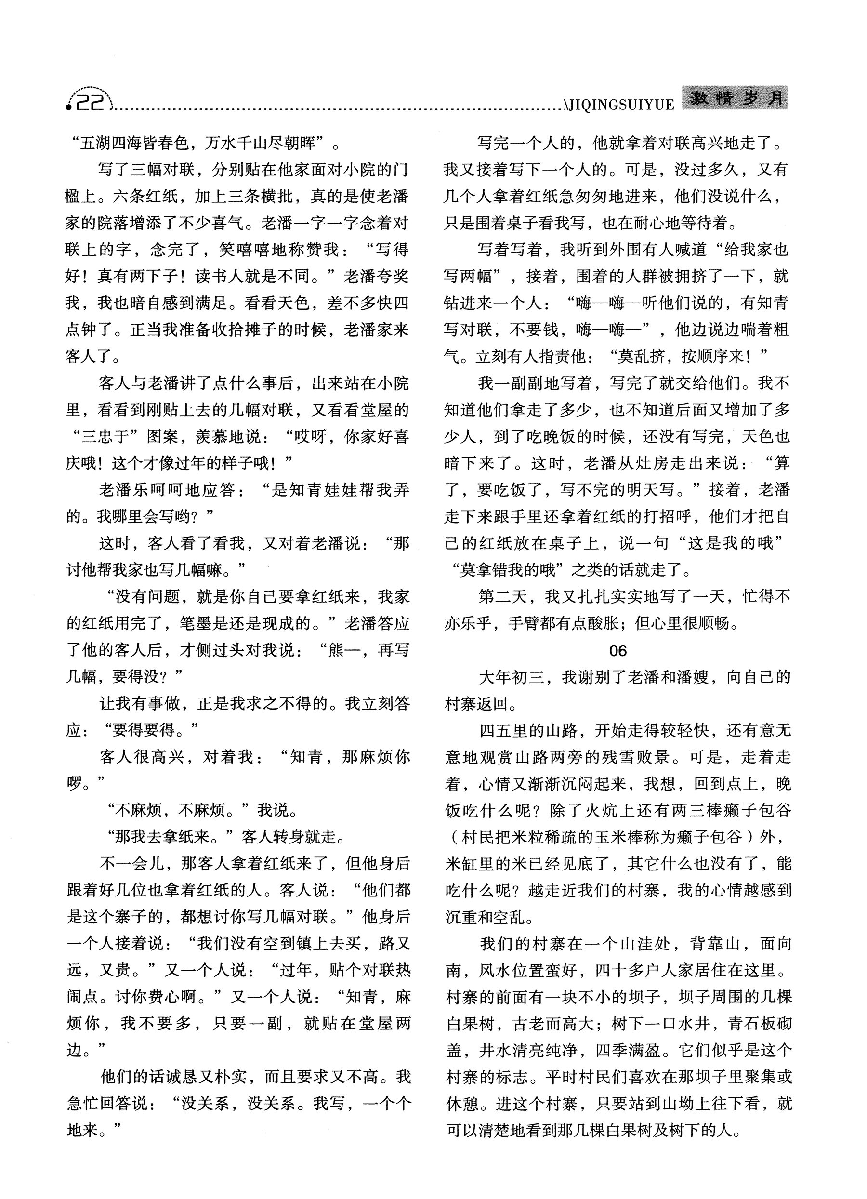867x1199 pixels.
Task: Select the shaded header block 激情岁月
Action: click(735, 99)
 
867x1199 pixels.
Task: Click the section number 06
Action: click(617, 651)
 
